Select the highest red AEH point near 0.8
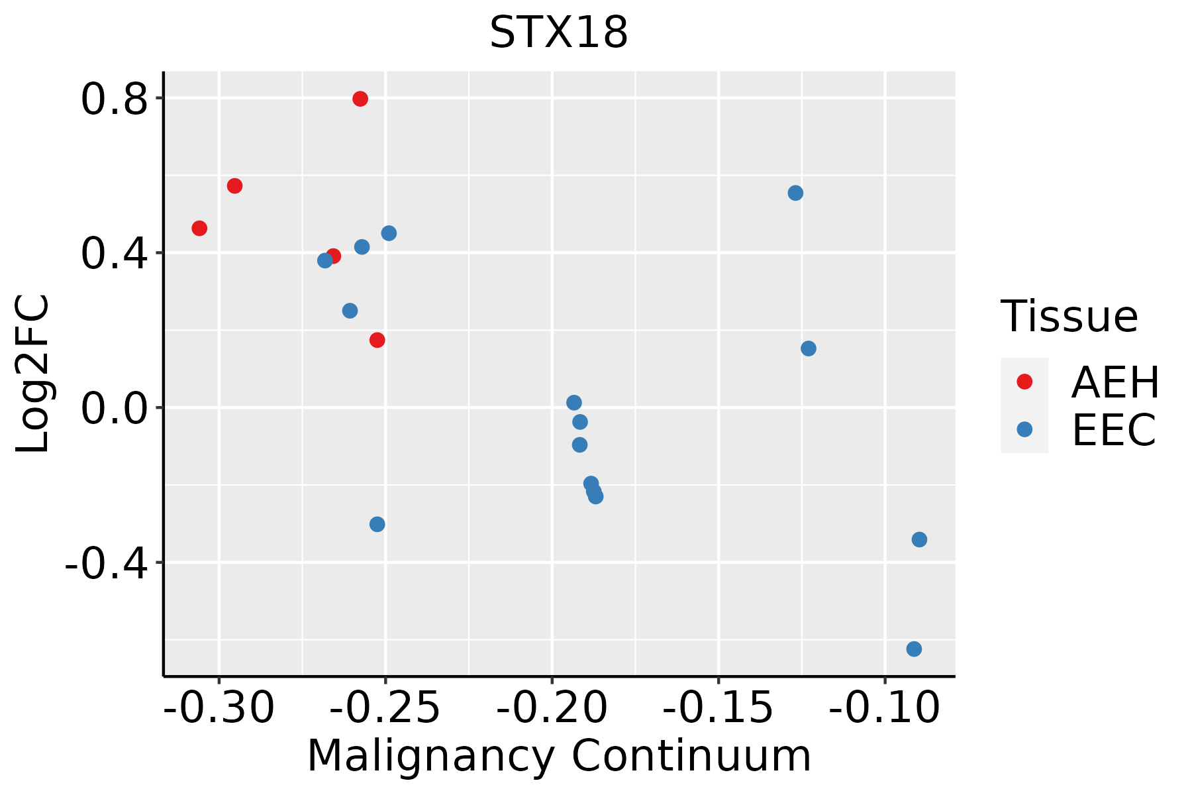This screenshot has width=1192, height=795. pyautogui.click(x=360, y=99)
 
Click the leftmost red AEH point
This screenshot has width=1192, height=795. pyautogui.click(x=199, y=229)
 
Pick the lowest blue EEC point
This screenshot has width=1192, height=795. pyautogui.click(x=914, y=649)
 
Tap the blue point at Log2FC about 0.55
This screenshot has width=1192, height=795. pyautogui.click(x=795, y=193)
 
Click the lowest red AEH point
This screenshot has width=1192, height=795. pyautogui.click(x=377, y=341)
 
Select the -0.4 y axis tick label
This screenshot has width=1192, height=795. pyautogui.click(x=105, y=563)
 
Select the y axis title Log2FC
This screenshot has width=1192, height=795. pyautogui.click(x=33, y=374)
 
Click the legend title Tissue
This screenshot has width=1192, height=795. pyautogui.click(x=1069, y=317)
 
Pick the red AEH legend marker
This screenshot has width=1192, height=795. pyautogui.click(x=1024, y=382)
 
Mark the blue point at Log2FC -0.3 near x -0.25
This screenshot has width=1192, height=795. pyautogui.click(x=377, y=525)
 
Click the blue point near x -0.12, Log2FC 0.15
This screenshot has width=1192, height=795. pyautogui.click(x=808, y=348)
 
